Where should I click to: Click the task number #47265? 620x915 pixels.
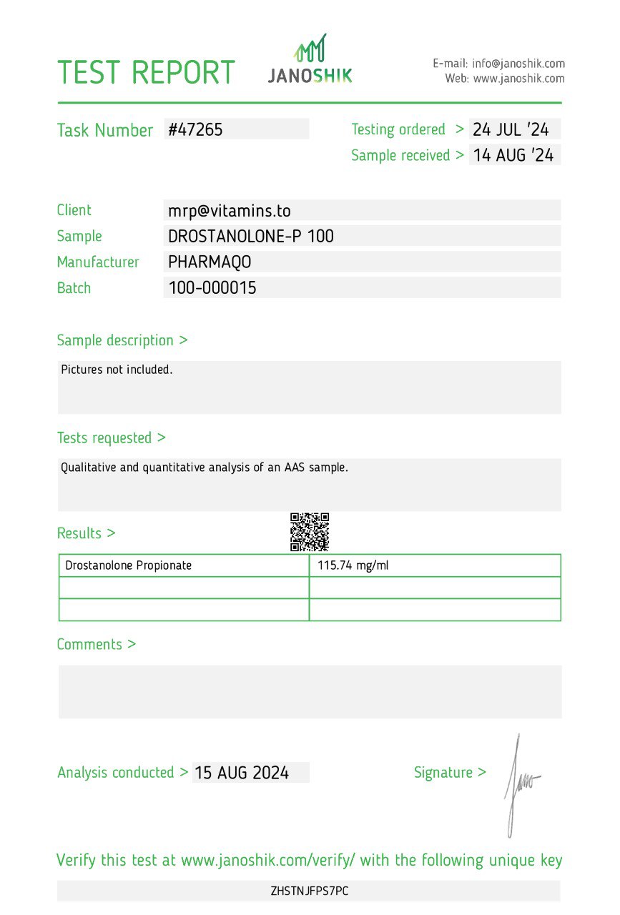196,129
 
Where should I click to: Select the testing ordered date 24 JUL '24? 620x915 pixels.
511,129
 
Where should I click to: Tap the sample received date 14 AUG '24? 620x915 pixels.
513,155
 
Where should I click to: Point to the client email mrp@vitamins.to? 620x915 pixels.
229,210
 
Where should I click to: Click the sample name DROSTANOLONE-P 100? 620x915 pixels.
251,236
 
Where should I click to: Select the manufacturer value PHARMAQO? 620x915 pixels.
210,262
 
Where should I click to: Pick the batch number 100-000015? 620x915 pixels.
212,288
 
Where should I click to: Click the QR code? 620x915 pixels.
310,532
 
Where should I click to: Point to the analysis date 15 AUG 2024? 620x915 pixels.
242,773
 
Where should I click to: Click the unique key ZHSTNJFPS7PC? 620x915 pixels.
310,891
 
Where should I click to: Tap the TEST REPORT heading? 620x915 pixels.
146,73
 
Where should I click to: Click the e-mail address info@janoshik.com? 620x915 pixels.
518,64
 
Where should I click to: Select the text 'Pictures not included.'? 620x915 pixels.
117,370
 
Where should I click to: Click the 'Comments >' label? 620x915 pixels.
96,644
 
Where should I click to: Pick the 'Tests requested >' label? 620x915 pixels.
111,437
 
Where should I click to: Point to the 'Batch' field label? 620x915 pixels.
74,288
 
